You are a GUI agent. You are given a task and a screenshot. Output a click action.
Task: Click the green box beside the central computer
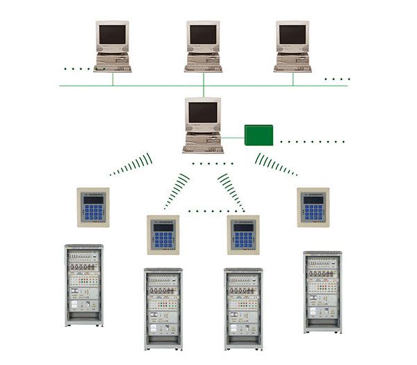(x=259, y=135)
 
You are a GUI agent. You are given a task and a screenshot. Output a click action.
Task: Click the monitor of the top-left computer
(x=113, y=35)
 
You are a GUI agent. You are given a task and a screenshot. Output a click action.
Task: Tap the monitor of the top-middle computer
(x=203, y=35)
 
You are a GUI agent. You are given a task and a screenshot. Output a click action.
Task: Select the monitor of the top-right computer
(x=293, y=35)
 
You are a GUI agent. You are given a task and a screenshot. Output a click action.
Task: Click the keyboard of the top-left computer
(x=113, y=68)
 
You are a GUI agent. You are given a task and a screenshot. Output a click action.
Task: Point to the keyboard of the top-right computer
(x=293, y=68)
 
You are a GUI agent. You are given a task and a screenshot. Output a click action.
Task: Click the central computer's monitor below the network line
(x=203, y=112)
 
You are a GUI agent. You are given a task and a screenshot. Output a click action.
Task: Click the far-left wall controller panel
(x=93, y=207)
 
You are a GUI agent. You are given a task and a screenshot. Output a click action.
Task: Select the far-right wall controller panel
(x=313, y=207)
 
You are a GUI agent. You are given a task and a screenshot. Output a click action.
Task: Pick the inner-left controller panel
(x=163, y=235)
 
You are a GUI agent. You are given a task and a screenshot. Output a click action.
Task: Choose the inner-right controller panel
(x=243, y=235)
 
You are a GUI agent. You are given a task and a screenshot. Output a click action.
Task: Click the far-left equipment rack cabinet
(x=84, y=285)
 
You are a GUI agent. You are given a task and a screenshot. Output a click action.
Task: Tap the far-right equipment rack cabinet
(x=322, y=291)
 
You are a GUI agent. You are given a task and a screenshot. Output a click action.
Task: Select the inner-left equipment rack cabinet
(x=163, y=309)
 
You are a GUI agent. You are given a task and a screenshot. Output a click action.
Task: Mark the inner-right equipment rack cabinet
(x=243, y=309)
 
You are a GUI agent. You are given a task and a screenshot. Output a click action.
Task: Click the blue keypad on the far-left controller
(x=93, y=211)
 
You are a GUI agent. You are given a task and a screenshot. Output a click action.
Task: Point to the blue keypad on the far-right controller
(x=313, y=211)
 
